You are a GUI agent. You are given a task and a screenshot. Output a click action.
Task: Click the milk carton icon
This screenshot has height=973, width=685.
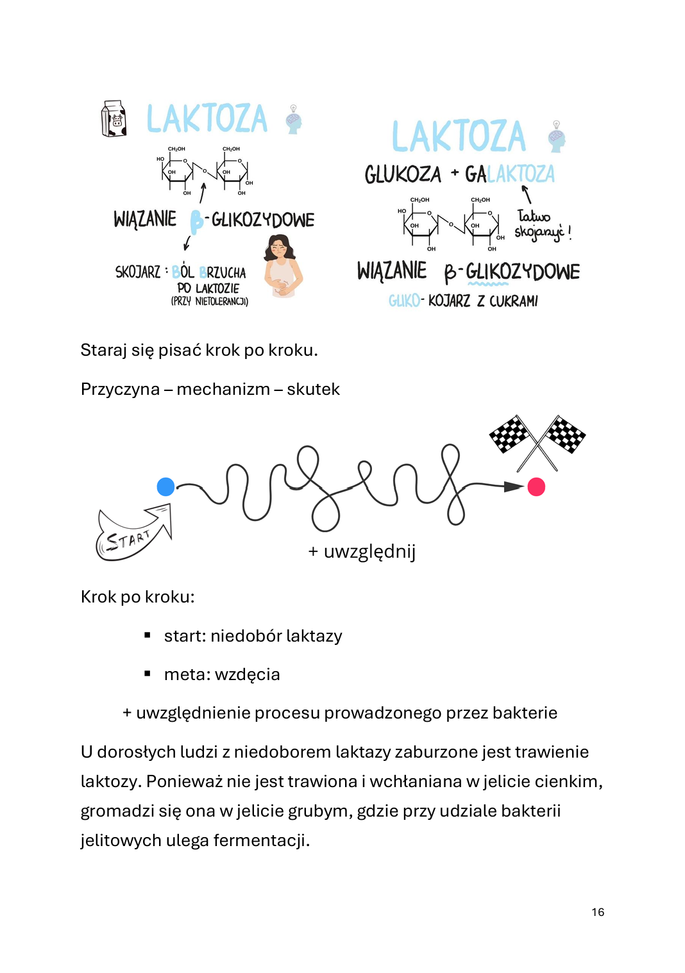[x=114, y=119]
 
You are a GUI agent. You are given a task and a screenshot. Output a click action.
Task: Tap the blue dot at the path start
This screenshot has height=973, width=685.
[x=165, y=486]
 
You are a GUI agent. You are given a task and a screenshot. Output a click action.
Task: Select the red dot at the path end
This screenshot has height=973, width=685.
[x=536, y=487]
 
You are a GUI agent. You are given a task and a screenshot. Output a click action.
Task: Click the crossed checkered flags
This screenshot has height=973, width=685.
[x=537, y=441]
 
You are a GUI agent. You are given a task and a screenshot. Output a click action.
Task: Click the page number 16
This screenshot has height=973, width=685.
[x=598, y=912]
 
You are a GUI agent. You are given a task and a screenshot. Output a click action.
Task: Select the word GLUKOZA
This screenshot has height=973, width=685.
[x=403, y=174]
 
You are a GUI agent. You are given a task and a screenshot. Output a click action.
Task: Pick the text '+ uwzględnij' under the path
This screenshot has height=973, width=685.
[x=362, y=552]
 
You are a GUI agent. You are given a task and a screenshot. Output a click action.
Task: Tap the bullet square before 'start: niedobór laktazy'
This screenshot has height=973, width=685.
[x=148, y=635]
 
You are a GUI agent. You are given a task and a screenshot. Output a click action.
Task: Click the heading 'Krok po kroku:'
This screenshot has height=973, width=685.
[x=137, y=597]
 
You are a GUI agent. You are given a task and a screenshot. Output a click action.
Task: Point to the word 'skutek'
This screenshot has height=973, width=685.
[x=313, y=389]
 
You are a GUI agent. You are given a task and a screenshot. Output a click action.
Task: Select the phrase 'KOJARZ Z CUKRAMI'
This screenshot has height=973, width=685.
[x=482, y=301]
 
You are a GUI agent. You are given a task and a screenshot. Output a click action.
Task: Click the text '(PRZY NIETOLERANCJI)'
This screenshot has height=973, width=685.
[x=209, y=301]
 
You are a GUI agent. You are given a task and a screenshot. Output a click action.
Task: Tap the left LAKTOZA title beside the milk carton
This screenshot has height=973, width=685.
[x=207, y=119]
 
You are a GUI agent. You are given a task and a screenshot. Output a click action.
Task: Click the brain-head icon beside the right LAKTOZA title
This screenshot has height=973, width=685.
[x=556, y=137]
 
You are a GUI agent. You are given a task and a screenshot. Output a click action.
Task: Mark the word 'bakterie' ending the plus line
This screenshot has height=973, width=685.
[x=525, y=713]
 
